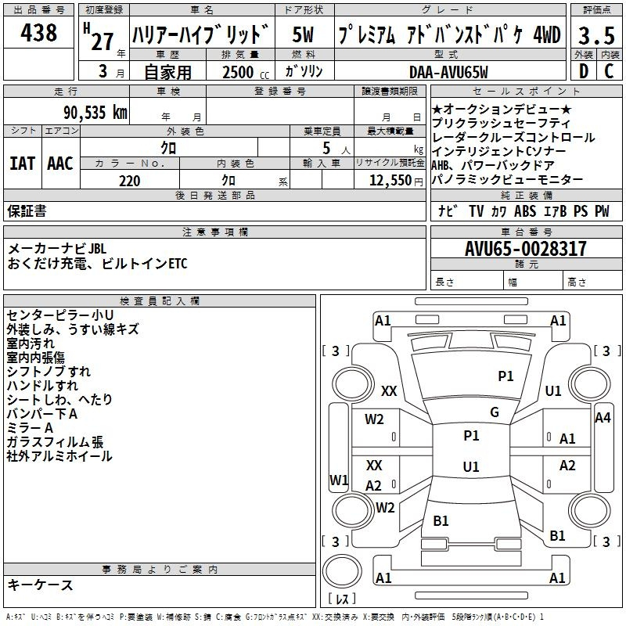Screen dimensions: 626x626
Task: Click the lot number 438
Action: coord(38,32)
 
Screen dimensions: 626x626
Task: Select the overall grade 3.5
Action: coord(596,35)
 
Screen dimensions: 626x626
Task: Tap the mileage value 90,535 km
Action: coord(95,113)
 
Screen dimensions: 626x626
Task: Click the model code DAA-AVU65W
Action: coord(448,72)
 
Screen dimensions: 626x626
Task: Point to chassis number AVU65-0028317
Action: coord(526,249)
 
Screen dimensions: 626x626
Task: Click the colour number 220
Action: coord(129,181)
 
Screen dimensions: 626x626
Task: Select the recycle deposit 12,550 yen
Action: coord(396,181)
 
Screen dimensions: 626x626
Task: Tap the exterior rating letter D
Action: coord(584,71)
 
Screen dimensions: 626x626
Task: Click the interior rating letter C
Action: coord(609,71)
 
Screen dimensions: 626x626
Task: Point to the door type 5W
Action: coord(303,34)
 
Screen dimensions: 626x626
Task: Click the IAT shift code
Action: coord(22,164)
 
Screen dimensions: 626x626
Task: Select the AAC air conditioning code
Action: coord(60,164)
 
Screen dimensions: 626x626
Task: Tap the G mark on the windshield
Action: coord(495,412)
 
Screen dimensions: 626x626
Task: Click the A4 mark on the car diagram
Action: coord(603,418)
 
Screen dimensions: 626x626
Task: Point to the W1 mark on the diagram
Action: coord(339,480)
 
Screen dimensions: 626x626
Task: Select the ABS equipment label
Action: coord(525,211)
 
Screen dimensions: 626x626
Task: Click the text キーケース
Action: coord(41,585)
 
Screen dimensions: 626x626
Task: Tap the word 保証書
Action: coord(27,211)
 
